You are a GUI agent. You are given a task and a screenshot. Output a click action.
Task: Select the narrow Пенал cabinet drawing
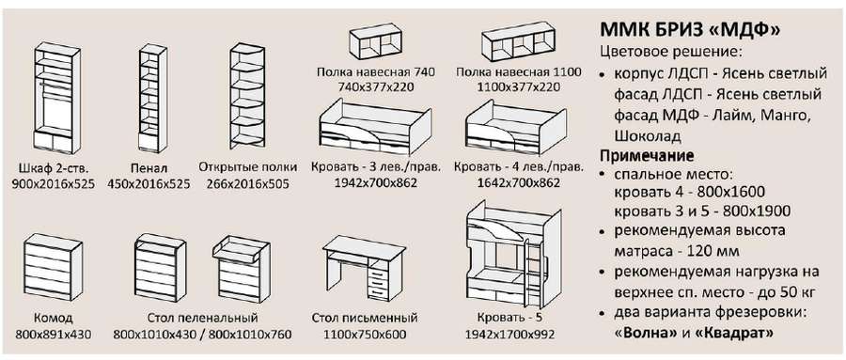tap(152, 97)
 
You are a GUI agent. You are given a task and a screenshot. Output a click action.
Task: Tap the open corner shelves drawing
tap(247, 95)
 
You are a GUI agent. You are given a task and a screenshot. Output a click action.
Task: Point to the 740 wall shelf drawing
tap(377, 42)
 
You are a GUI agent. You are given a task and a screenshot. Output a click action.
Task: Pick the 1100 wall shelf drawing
tap(518, 42)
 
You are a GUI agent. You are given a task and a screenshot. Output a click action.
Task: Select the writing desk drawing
tap(364, 267)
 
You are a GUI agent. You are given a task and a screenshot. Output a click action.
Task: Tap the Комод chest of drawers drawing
tap(53, 267)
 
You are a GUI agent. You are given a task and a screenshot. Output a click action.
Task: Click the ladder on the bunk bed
tap(532, 267)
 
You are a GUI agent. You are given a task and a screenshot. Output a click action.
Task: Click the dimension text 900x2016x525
tap(53, 184)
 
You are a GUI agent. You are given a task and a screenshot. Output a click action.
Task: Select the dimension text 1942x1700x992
tap(509, 335)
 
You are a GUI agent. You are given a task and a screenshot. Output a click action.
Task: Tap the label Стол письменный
tap(365, 318)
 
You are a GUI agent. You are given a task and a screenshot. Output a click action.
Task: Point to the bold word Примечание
tap(647, 156)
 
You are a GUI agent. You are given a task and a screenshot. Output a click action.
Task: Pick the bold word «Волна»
tap(645, 332)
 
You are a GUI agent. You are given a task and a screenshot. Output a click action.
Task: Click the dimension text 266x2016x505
tap(247, 184)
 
